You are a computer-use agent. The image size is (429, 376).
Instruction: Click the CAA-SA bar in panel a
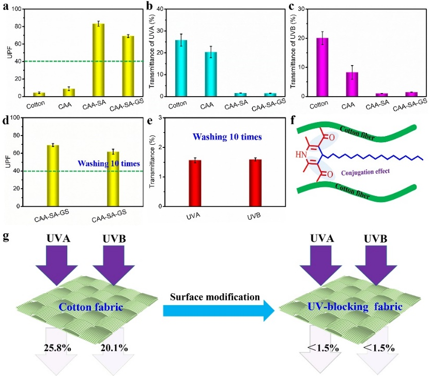click(99, 60)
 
